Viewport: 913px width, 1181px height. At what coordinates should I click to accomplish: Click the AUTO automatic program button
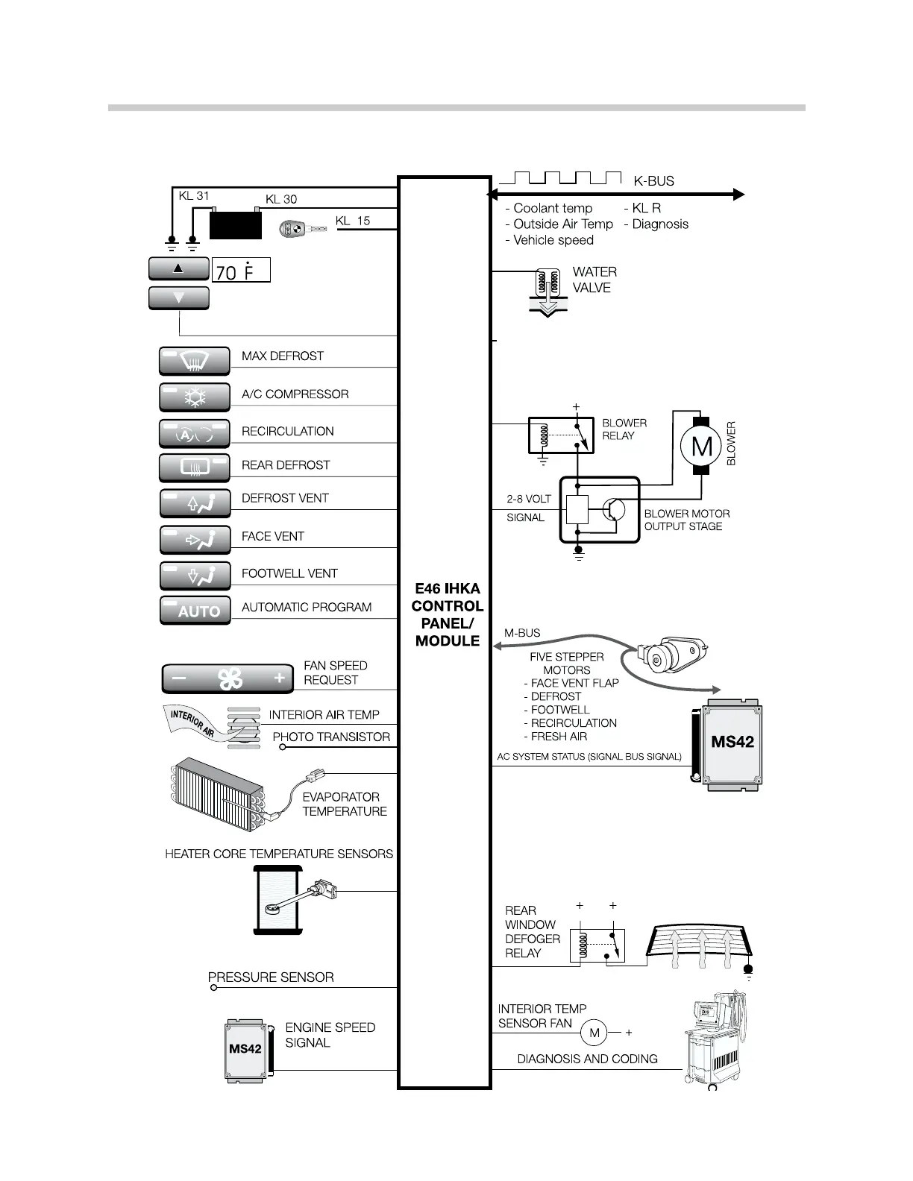pos(195,611)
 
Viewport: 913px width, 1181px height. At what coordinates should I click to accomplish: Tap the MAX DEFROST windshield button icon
pos(195,362)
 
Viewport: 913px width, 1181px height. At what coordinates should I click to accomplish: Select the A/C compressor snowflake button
pos(195,397)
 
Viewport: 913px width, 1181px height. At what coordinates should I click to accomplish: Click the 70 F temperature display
pos(241,271)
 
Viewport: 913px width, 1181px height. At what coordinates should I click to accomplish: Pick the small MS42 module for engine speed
pos(246,1051)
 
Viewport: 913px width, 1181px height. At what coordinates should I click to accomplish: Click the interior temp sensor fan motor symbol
pos(594,1033)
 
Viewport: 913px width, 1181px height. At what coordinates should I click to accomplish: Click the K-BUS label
pos(653,181)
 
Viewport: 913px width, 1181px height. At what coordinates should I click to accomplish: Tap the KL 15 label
pos(352,221)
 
